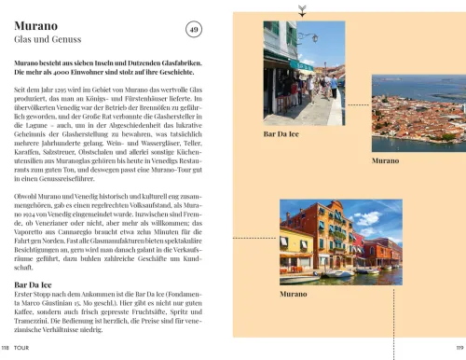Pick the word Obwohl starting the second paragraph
coord(27,197)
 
